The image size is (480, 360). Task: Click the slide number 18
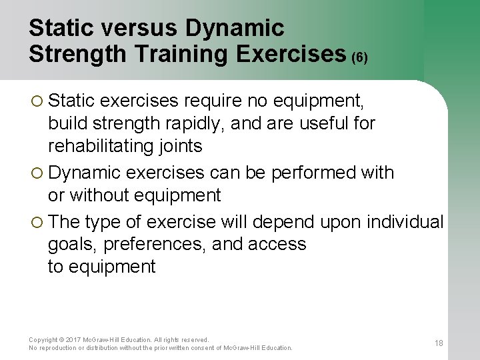[439, 343]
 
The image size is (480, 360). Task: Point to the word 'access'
[277, 244]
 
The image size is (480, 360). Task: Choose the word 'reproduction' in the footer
[60, 348]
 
